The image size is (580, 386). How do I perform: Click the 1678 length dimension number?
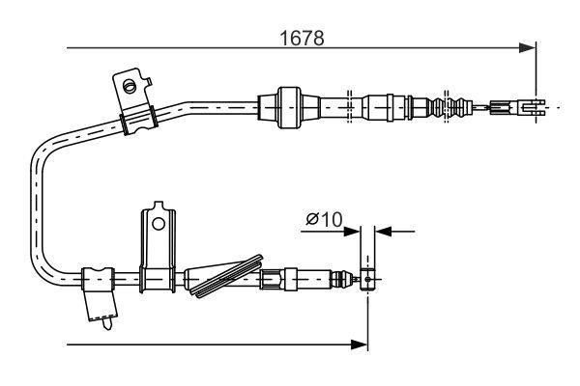[302, 38]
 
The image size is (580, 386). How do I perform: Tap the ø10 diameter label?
[324, 219]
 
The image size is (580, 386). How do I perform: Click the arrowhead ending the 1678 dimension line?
[527, 48]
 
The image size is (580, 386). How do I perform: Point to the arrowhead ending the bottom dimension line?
[360, 345]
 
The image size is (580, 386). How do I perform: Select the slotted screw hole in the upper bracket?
[130, 87]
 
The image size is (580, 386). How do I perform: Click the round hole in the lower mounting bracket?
[159, 224]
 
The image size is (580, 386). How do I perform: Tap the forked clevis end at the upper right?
[533, 107]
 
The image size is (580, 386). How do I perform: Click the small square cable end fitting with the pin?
[367, 279]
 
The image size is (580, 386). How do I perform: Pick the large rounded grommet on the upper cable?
[289, 107]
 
